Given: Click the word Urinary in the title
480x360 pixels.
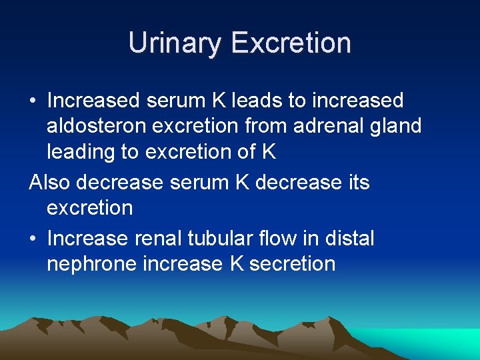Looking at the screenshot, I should tap(175, 43).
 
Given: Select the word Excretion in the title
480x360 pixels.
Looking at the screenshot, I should tap(291, 43).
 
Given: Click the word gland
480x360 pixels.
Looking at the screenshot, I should tap(397, 126).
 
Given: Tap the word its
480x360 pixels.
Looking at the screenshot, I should tap(357, 182).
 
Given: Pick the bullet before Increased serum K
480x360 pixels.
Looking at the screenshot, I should tap(32, 101).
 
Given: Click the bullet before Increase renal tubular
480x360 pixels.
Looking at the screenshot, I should tap(32, 239).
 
